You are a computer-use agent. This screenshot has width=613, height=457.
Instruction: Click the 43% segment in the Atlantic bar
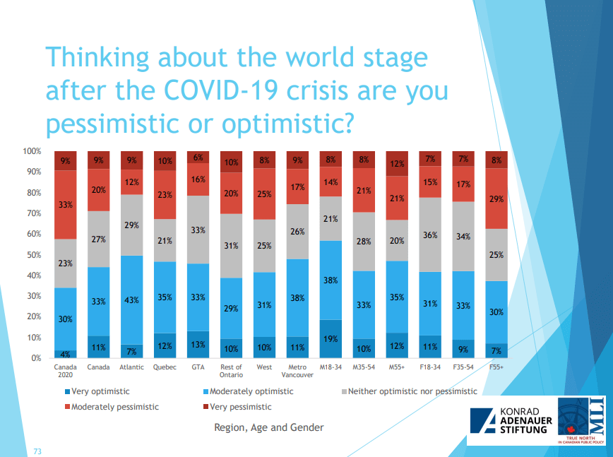[x=132, y=300]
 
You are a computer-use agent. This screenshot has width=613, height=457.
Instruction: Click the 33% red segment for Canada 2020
[x=66, y=205]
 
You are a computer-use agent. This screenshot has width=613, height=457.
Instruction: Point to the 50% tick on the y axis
[x=33, y=255]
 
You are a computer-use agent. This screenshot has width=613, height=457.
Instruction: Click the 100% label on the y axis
[x=32, y=152]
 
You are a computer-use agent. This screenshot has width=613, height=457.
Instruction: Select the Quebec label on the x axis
[x=165, y=367]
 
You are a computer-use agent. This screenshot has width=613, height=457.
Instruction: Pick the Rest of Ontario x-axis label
[x=232, y=371]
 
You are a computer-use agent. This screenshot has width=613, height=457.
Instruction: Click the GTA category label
[x=198, y=367]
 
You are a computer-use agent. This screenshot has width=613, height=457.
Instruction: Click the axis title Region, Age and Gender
[x=269, y=427]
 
